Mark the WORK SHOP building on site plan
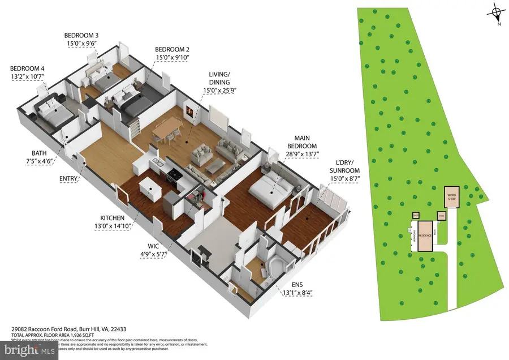pyautogui.click(x=452, y=196)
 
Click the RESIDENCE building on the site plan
pyautogui.click(x=422, y=235)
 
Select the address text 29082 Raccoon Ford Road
pyautogui.click(x=54, y=328)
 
